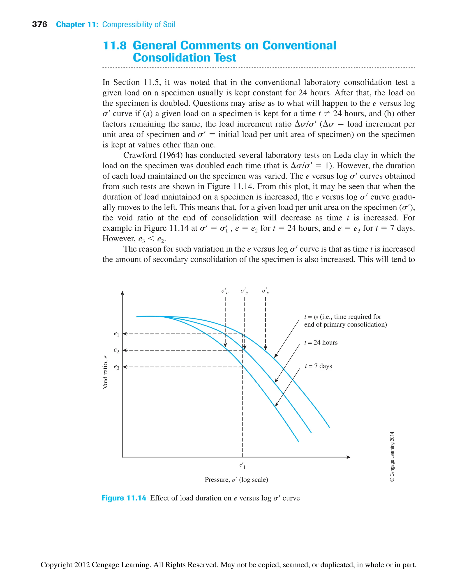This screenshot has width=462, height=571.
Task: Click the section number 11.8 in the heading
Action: (x=115, y=46)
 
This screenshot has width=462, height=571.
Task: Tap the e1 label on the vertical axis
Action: (x=116, y=333)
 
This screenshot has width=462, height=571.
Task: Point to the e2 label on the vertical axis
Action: (x=116, y=350)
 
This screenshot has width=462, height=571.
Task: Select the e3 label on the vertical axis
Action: (x=116, y=367)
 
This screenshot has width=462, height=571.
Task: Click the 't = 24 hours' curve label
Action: (x=321, y=343)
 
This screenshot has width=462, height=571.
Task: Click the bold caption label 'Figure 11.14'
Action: (x=124, y=498)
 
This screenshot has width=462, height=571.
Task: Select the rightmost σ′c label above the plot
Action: (x=265, y=291)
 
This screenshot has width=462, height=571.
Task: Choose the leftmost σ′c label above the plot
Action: (x=225, y=291)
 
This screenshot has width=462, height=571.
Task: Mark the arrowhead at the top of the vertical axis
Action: (x=122, y=293)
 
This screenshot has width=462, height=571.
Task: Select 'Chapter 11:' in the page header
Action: (x=77, y=25)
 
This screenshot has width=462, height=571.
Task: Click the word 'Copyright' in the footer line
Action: (x=56, y=564)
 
